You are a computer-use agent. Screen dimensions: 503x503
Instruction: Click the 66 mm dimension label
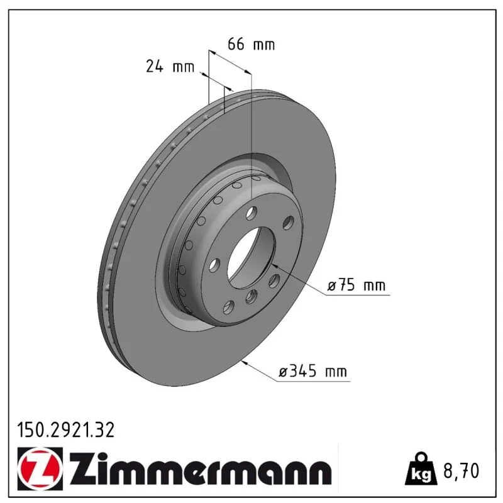pos(251,44)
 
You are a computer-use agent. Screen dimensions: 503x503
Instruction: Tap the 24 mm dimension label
pos(170,67)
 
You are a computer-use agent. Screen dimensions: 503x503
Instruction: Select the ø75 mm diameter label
pos(356,285)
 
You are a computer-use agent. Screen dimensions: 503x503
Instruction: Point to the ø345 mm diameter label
pos(312,372)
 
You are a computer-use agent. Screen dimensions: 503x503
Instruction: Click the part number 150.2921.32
pos(65,430)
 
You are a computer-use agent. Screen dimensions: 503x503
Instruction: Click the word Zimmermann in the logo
pos(201,468)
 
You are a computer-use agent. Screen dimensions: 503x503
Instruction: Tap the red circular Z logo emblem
pos(40,468)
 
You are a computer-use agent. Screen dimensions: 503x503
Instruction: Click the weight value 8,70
pos(461,470)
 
